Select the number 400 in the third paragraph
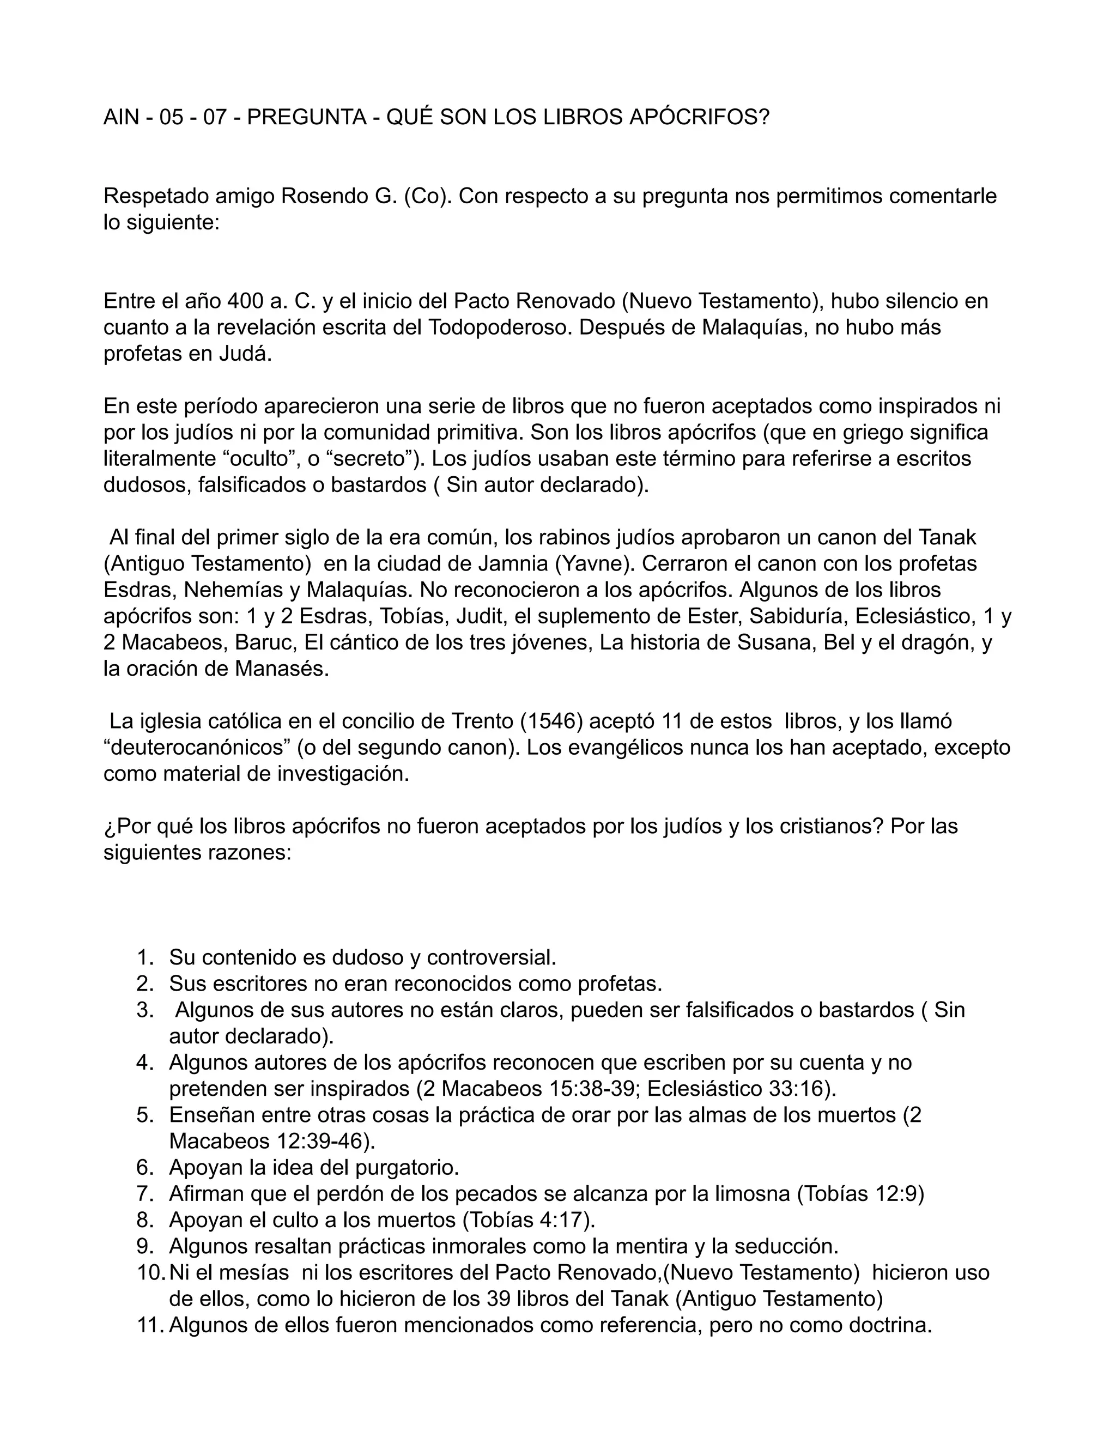tap(245, 301)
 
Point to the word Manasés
tap(281, 669)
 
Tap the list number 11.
tap(149, 1325)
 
